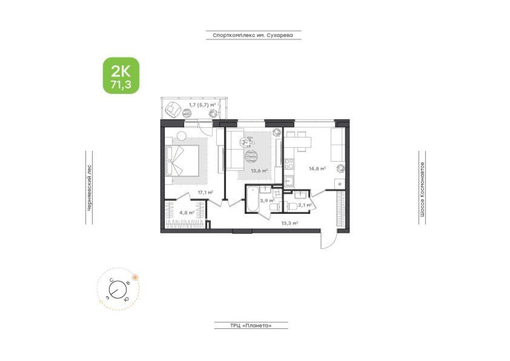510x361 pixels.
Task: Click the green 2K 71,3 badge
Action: pos(121,76)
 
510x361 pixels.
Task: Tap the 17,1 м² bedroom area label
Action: pos(205,192)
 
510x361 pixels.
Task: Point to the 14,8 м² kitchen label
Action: pos(317,168)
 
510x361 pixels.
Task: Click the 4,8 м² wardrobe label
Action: pos(187,212)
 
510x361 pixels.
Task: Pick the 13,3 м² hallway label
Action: pos(289,223)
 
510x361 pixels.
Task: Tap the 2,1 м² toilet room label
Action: pos(305,205)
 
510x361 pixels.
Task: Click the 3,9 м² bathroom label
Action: pos(267,200)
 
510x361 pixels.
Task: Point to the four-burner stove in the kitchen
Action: pos(289,164)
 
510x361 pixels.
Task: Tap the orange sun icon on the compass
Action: pos(135,277)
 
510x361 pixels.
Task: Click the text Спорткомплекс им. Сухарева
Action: pos(253,36)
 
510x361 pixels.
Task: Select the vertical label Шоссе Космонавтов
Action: pos(422,187)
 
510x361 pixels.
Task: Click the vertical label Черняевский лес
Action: pos(89,187)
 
